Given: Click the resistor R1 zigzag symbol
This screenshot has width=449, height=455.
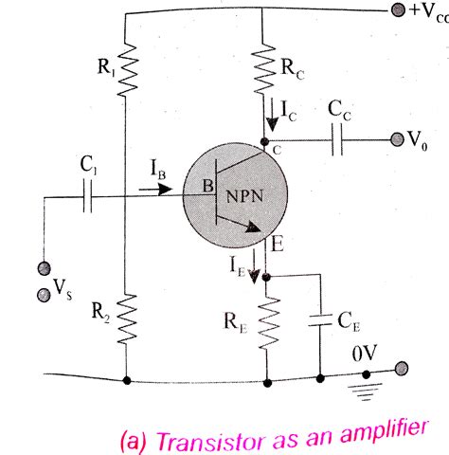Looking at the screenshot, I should pos(126,71).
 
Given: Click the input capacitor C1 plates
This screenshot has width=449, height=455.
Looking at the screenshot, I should pos(90,197).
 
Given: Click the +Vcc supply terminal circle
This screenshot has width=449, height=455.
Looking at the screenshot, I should pos(395,11).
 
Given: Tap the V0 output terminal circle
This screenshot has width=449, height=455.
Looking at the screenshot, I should pos(397,138).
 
